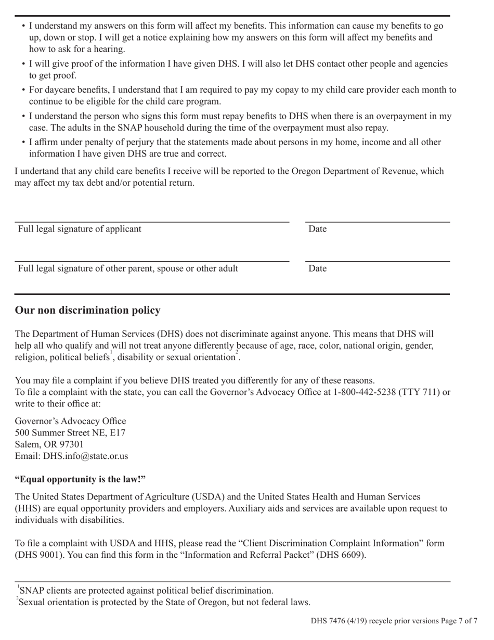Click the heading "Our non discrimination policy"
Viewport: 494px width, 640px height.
pyautogui.click(x=87, y=311)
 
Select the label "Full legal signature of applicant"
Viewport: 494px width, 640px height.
pyautogui.click(x=80, y=229)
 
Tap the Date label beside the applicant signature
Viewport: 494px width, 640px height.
pyautogui.click(x=317, y=229)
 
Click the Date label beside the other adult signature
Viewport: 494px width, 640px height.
pyautogui.click(x=317, y=268)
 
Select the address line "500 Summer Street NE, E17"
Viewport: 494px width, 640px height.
pyautogui.click(x=70, y=432)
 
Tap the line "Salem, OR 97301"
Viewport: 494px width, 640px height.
pyautogui.click(x=49, y=444)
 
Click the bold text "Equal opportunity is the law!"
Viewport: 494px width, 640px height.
pyautogui.click(x=80, y=479)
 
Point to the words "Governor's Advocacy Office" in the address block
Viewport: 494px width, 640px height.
pyautogui.click(x=70, y=421)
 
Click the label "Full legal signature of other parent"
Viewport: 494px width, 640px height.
pyautogui.click(x=128, y=268)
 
